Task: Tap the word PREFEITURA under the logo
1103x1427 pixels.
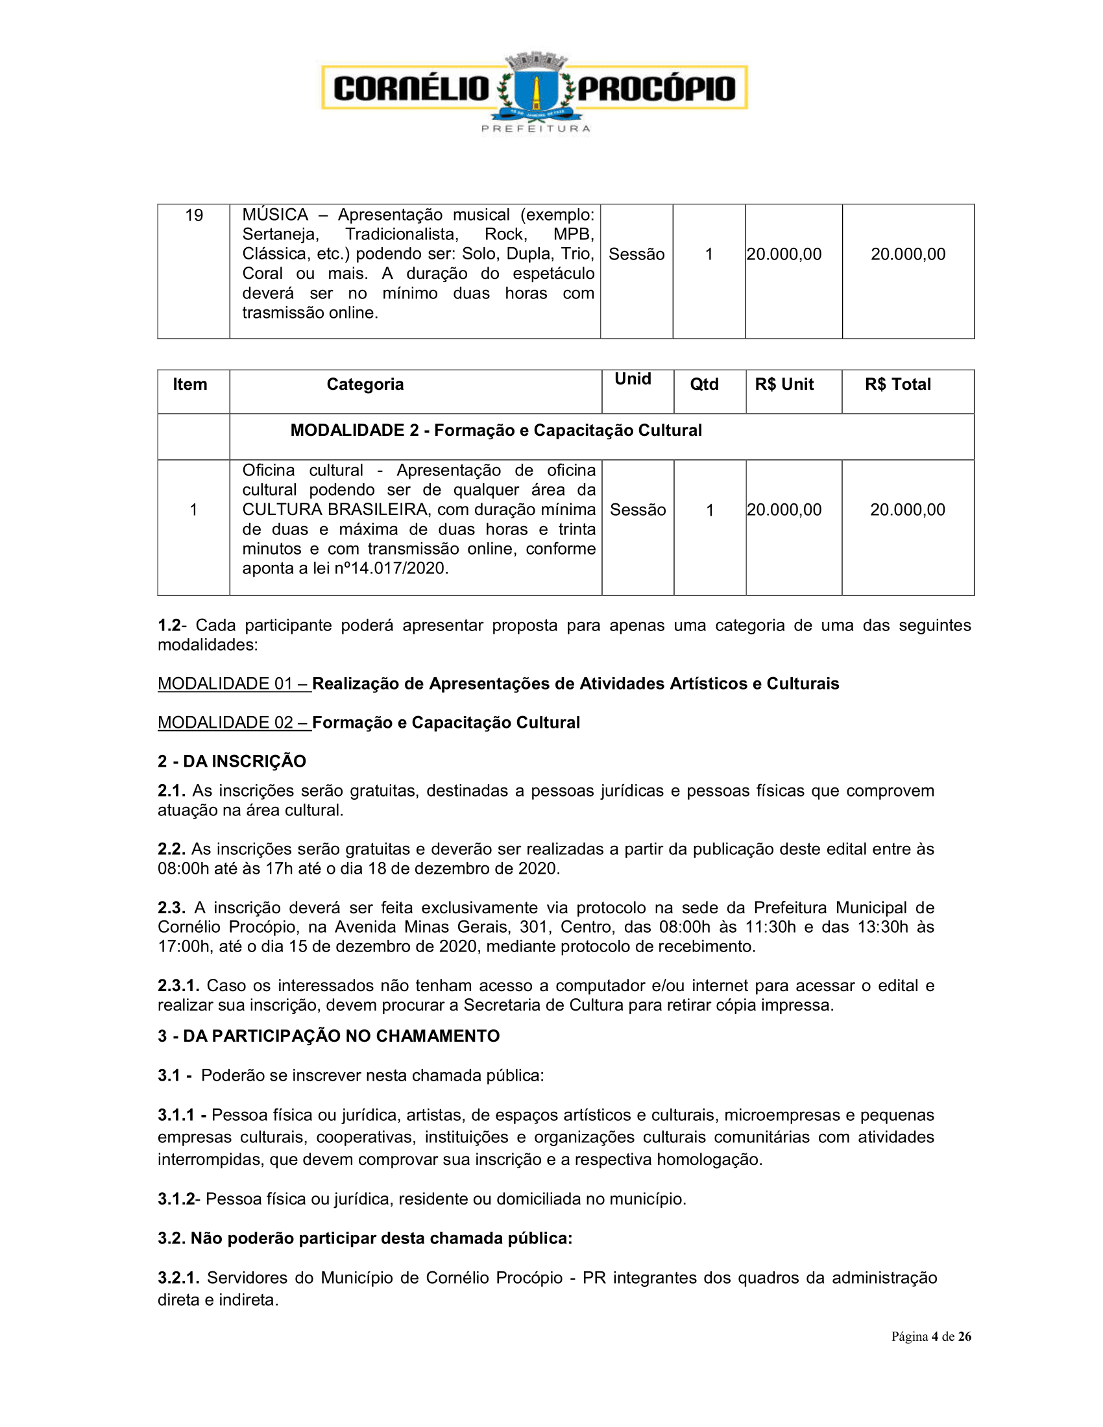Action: pyautogui.click(x=536, y=128)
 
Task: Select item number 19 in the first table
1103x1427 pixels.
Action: pyautogui.click(x=194, y=215)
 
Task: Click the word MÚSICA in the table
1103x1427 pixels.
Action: pyautogui.click(x=274, y=215)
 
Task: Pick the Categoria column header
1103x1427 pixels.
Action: pyautogui.click(x=365, y=384)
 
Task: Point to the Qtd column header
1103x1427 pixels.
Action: pyautogui.click(x=705, y=384)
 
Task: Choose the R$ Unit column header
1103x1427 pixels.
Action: pyautogui.click(x=784, y=384)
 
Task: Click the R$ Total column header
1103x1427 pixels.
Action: pyautogui.click(x=898, y=384)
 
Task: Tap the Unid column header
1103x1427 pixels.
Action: pyautogui.click(x=633, y=379)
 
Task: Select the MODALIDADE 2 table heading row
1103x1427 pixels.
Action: pyautogui.click(x=496, y=430)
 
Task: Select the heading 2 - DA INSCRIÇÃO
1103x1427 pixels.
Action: pyautogui.click(x=232, y=761)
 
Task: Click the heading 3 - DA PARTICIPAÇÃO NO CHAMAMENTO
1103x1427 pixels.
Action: pyautogui.click(x=329, y=1037)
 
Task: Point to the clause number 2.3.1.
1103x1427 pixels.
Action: pyautogui.click(x=178, y=985)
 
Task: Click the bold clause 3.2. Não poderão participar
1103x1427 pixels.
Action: pyautogui.click(x=365, y=1238)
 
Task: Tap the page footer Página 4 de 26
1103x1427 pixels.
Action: pyautogui.click(x=931, y=1336)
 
